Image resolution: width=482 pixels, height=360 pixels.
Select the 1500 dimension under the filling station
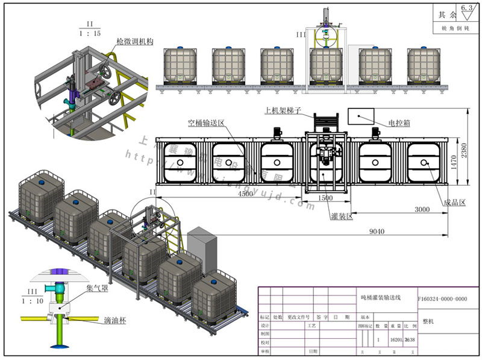click(x=325, y=198)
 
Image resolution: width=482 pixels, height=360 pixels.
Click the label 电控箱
click(x=399, y=122)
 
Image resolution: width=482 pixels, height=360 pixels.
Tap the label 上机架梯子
click(x=282, y=110)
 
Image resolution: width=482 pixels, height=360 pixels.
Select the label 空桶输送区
click(x=205, y=122)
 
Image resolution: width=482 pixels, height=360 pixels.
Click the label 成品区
click(x=454, y=203)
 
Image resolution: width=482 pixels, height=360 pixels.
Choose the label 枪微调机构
click(x=136, y=42)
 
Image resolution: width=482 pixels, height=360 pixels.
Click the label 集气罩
click(x=98, y=289)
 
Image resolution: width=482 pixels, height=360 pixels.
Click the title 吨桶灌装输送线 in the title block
click(x=381, y=298)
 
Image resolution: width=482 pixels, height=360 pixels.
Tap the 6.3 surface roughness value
click(x=466, y=8)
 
